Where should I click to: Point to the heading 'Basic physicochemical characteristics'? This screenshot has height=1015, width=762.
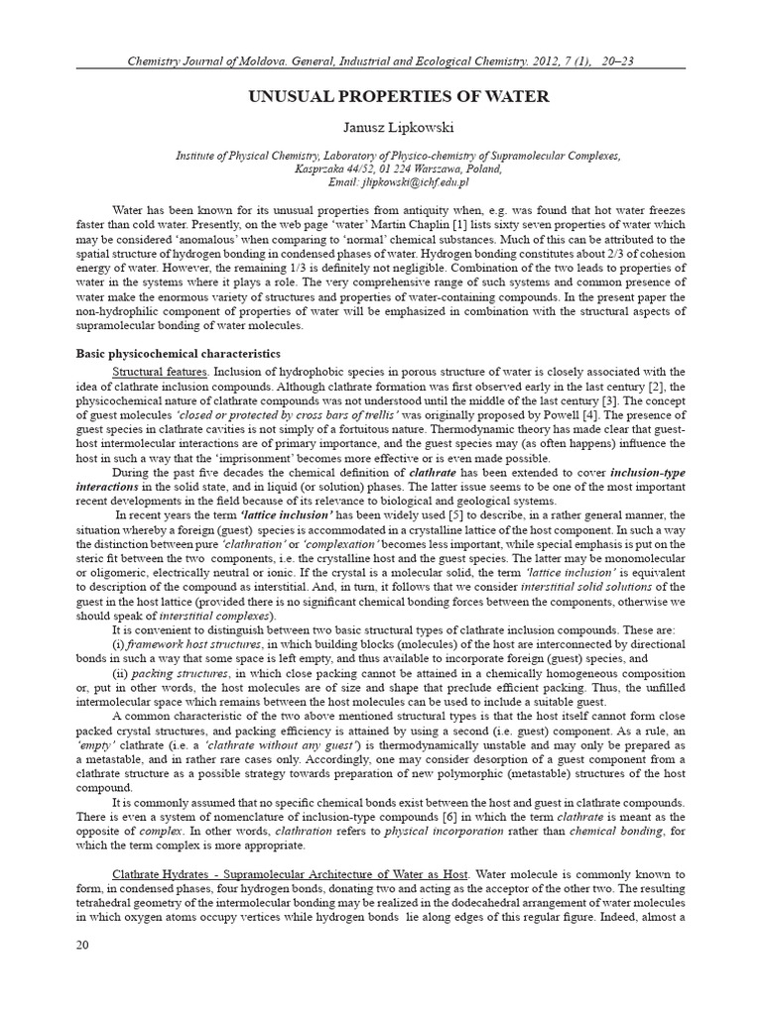coord(179,353)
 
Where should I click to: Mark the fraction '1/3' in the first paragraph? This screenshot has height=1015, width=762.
coord(305,272)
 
